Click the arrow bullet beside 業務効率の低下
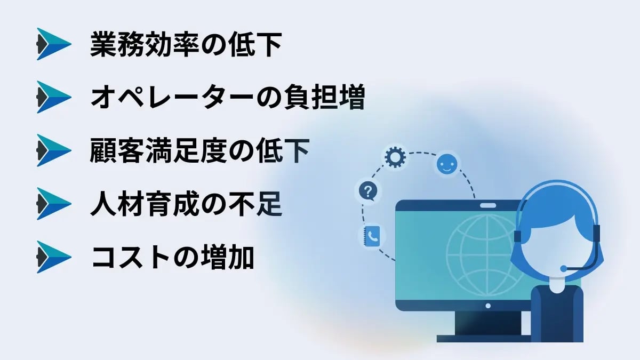pos(53,44)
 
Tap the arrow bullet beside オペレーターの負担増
pos(53,97)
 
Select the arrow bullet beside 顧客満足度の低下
pos(53,150)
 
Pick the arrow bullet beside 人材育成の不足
pos(53,204)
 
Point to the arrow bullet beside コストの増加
pos(53,257)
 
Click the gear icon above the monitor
pos(396,158)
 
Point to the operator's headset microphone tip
pos(564,268)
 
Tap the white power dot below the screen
pos(487,306)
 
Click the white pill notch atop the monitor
pos(487,205)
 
